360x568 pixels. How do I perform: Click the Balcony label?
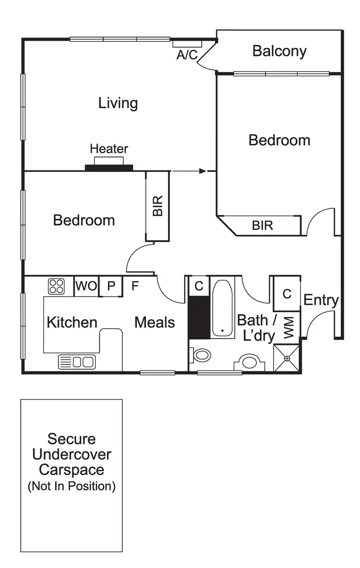279,51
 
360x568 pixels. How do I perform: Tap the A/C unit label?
187,55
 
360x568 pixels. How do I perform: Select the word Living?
118,103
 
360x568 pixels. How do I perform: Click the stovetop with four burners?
56,286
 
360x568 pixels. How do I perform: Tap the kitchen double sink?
77,362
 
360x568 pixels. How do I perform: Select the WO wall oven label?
86,286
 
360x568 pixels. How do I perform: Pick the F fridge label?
135,286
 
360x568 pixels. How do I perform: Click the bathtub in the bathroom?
223,309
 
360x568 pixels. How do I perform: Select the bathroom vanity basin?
249,363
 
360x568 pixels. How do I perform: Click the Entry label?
321,300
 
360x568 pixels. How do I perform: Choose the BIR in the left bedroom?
157,206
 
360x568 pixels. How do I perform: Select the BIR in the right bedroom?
262,226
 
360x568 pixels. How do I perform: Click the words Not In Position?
72,486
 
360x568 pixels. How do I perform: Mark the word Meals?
155,322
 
